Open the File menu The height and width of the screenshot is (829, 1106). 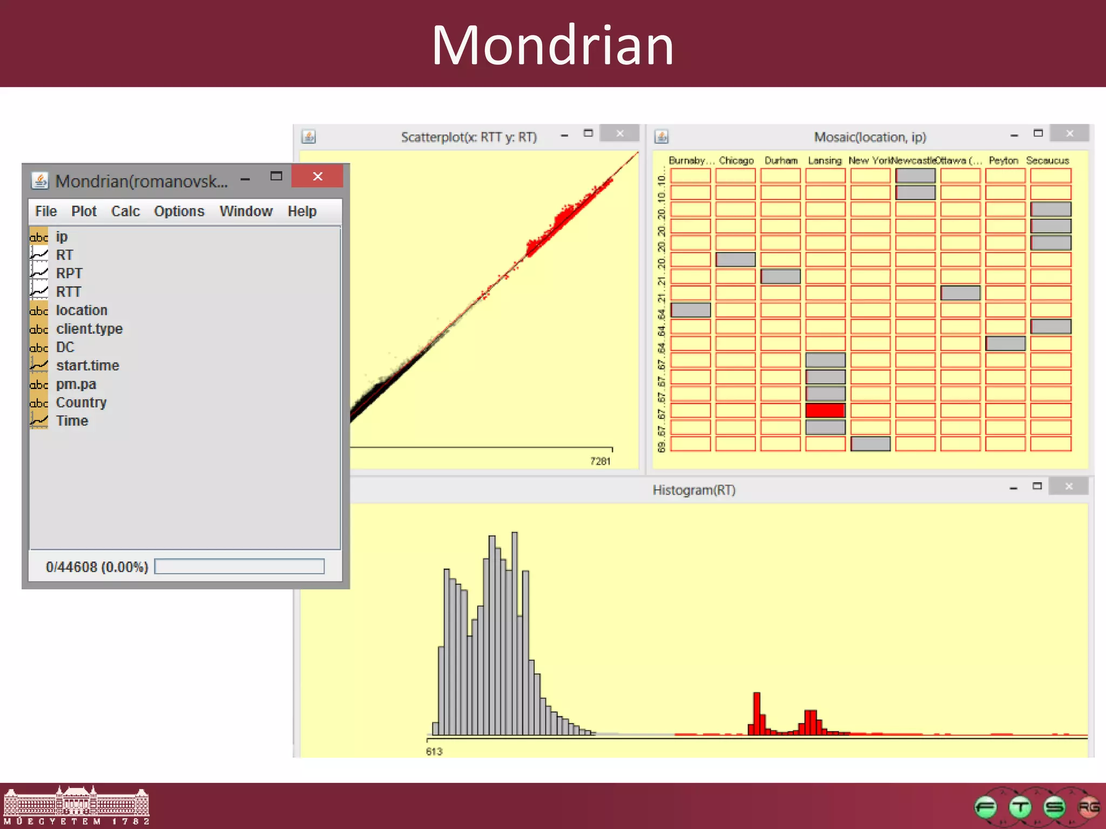pyautogui.click(x=46, y=211)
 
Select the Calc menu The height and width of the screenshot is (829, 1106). pyautogui.click(x=125, y=211)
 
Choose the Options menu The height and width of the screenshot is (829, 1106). pyautogui.click(x=179, y=211)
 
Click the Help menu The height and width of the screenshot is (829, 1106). pyautogui.click(x=301, y=211)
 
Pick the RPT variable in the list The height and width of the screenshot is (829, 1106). pyautogui.click(x=69, y=274)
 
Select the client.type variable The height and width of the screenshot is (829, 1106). pyautogui.click(x=89, y=329)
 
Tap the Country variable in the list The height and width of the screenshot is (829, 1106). pyautogui.click(x=81, y=403)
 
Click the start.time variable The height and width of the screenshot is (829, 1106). pyautogui.click(x=87, y=365)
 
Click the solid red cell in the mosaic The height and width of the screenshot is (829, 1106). pyautogui.click(x=825, y=411)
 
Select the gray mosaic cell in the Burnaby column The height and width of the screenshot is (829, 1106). pyautogui.click(x=691, y=310)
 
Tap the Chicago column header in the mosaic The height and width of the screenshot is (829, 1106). pyautogui.click(x=736, y=161)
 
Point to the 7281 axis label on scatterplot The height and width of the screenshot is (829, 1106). pyautogui.click(x=600, y=461)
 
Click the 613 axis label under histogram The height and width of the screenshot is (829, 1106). pyautogui.click(x=434, y=751)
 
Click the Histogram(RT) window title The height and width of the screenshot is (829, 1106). pyautogui.click(x=694, y=490)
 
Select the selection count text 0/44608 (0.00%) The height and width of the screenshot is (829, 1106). pyautogui.click(x=97, y=567)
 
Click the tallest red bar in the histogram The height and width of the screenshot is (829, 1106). pyautogui.click(x=757, y=712)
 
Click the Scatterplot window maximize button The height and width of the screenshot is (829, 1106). pyautogui.click(x=588, y=133)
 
